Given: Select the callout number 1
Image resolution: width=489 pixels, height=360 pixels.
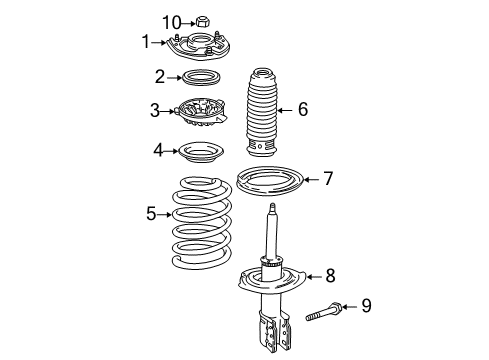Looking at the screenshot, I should coord(145,42).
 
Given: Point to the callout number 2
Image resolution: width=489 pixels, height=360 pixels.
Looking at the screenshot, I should coord(159,76).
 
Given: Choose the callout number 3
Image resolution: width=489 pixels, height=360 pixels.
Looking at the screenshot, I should coord(155,110).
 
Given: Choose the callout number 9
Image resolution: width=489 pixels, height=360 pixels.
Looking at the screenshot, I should coord(365,305).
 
